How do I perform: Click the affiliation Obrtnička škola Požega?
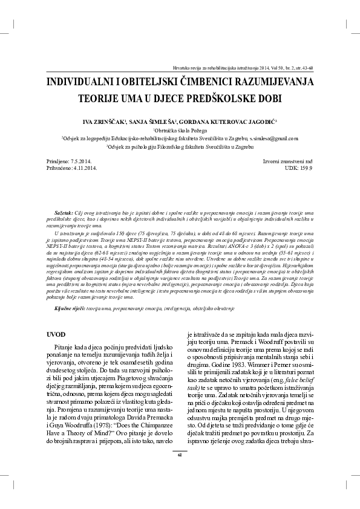pyautogui.click(x=180, y=130)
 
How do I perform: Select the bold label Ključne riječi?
pyautogui.click(x=70, y=308)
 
